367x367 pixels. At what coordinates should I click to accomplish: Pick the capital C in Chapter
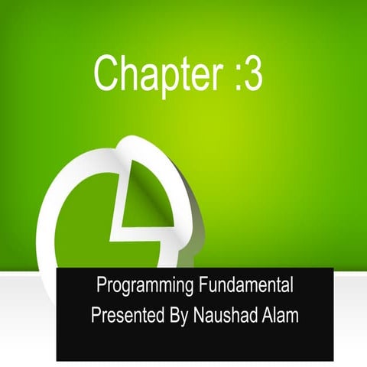click(106, 73)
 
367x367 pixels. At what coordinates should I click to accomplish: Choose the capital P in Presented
click(94, 313)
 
